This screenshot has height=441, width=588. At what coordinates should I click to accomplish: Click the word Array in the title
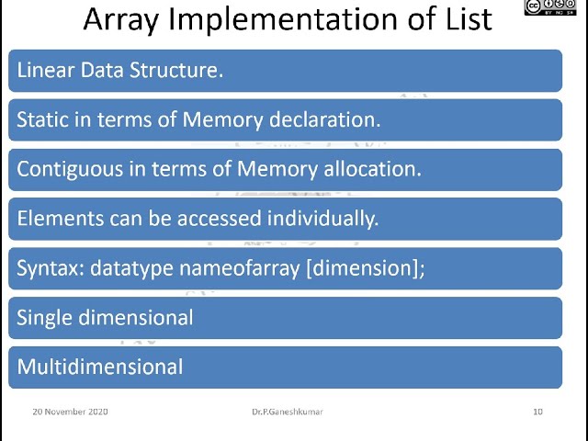(x=123, y=18)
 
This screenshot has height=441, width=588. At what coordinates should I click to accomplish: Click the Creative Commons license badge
(x=556, y=7)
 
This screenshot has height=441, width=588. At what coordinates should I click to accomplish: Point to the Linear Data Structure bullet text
(x=119, y=70)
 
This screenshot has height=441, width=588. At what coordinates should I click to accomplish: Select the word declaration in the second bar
(x=329, y=119)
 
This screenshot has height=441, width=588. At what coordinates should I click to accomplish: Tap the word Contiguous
(x=67, y=169)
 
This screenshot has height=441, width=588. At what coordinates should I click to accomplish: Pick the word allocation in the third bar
(x=370, y=169)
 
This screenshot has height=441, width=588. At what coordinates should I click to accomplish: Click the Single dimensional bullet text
(x=105, y=318)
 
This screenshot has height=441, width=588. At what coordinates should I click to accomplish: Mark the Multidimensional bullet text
(x=100, y=367)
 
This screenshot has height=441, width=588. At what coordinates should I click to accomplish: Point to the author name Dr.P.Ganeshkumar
(x=287, y=412)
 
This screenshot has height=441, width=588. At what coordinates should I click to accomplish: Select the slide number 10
(x=537, y=412)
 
